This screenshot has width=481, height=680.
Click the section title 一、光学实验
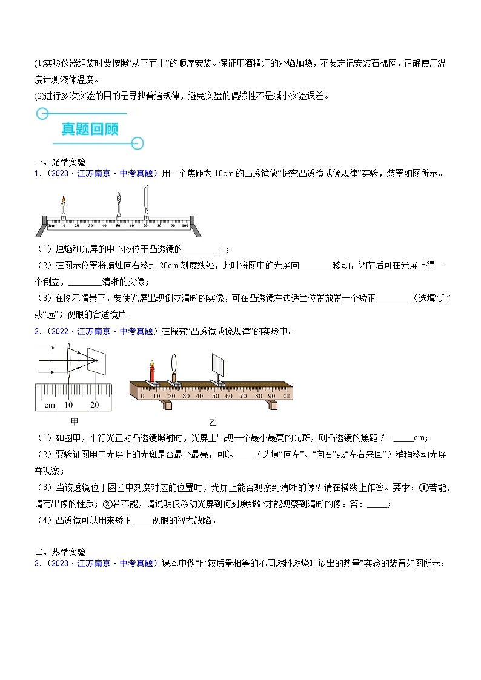point(60,162)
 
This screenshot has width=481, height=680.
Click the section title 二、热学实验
point(60,552)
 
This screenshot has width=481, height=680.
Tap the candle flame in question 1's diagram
point(63,201)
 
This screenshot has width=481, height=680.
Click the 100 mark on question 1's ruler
point(185,225)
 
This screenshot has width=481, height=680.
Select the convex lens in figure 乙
point(175,365)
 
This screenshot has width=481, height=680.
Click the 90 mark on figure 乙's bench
point(271,396)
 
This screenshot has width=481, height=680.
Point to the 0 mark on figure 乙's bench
point(142,396)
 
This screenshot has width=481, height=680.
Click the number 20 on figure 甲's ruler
point(95,404)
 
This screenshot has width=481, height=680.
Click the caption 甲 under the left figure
point(73,421)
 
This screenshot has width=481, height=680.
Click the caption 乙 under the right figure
point(212,422)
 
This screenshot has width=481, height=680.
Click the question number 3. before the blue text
point(37,563)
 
